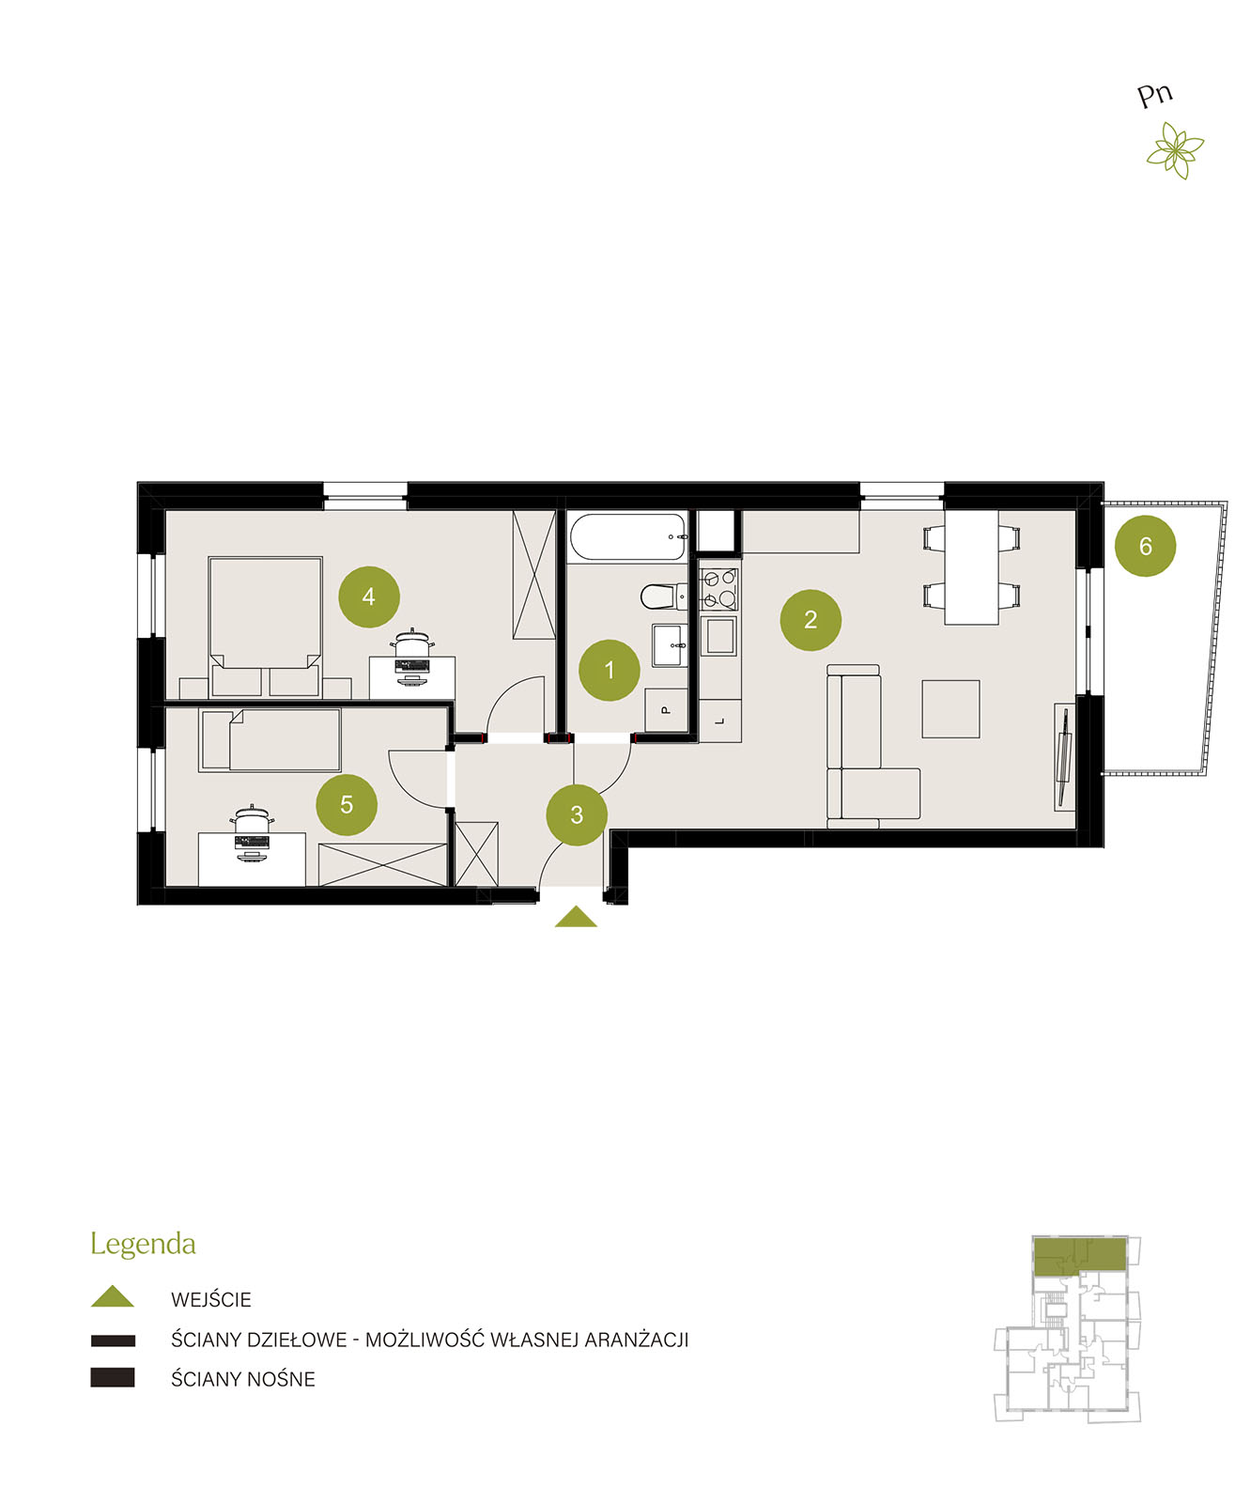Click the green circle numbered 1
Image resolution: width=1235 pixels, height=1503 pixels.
[609, 669]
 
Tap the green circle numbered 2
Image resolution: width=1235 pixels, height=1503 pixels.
[810, 619]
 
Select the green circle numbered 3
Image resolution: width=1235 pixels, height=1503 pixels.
[576, 813]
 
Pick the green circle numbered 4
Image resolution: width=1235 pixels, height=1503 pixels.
[368, 596]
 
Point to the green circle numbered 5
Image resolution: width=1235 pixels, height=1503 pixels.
[347, 804]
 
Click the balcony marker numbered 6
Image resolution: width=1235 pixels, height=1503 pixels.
[1145, 545]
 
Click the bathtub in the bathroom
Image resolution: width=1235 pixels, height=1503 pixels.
[628, 537]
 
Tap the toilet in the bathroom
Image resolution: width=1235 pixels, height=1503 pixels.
[663, 597]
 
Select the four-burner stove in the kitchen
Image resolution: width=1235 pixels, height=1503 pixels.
[718, 589]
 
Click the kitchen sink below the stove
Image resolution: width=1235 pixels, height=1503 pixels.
[718, 635]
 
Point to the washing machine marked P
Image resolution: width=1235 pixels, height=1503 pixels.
[665, 709]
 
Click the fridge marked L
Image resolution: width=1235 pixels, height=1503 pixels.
[719, 721]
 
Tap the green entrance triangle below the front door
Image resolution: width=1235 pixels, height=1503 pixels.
[575, 916]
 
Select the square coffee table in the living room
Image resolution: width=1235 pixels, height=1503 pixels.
[949, 708]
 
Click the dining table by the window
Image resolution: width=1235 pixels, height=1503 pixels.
[970, 566]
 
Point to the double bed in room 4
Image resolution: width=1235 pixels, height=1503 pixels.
[265, 627]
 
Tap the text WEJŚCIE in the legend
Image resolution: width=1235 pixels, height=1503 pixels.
[211, 1299]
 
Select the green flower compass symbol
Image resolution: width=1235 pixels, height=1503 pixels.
[1174, 149]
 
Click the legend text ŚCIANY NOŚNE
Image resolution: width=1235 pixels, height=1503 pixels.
[243, 1379]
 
